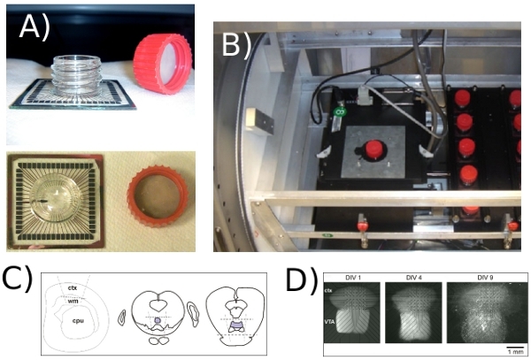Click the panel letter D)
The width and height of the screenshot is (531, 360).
(302, 281)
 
